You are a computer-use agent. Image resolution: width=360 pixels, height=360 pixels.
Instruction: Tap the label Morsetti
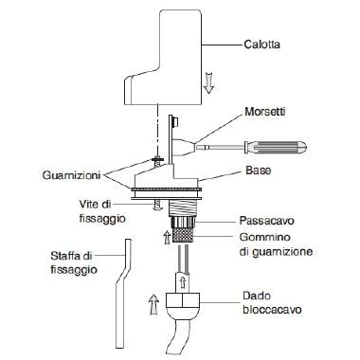pos(267,111)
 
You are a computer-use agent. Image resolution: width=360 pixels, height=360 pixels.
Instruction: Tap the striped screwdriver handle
pos(268,147)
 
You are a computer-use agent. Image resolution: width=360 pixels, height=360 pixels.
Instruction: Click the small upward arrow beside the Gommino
pos(164,236)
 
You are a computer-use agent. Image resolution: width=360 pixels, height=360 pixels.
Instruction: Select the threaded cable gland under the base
pos(181,211)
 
